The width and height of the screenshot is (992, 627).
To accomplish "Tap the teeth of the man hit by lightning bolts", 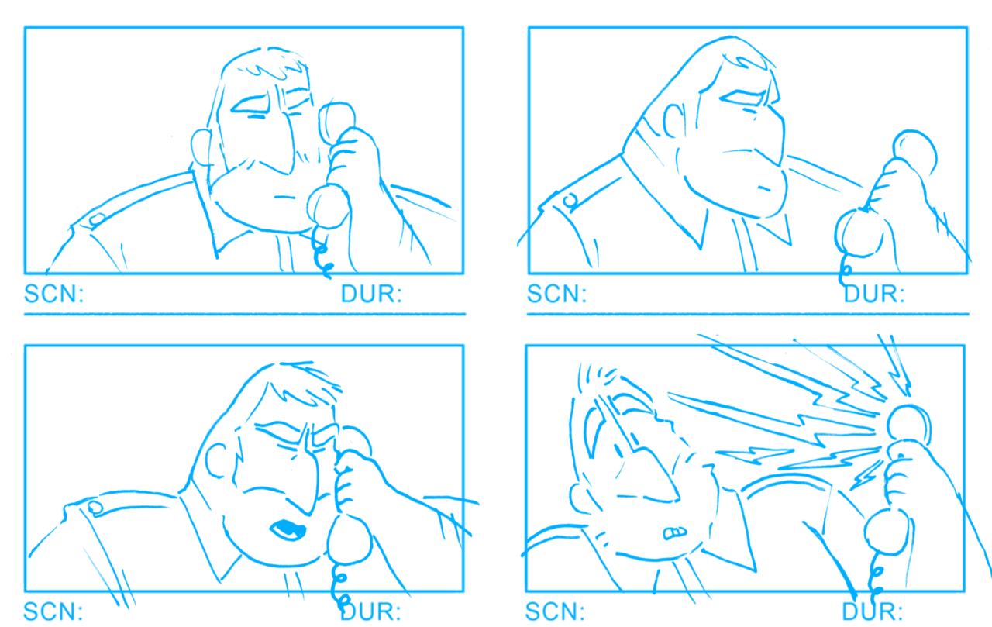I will coord(674,533).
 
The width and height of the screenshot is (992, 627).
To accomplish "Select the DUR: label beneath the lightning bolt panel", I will coord(873,611).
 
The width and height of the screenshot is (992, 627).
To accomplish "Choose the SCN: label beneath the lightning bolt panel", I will coord(556,611).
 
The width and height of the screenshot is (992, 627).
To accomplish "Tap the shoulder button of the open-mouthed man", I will coord(95,508).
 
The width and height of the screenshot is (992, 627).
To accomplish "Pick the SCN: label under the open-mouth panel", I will coord(53,611).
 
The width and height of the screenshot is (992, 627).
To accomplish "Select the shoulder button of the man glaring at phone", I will coord(570,202).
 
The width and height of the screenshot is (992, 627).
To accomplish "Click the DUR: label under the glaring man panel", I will coord(874,295).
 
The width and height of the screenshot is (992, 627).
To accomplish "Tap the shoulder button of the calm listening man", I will coord(96,219).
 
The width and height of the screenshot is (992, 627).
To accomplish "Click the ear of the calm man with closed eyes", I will coord(201,147).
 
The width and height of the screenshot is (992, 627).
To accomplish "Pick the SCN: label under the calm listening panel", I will coord(53,295).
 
